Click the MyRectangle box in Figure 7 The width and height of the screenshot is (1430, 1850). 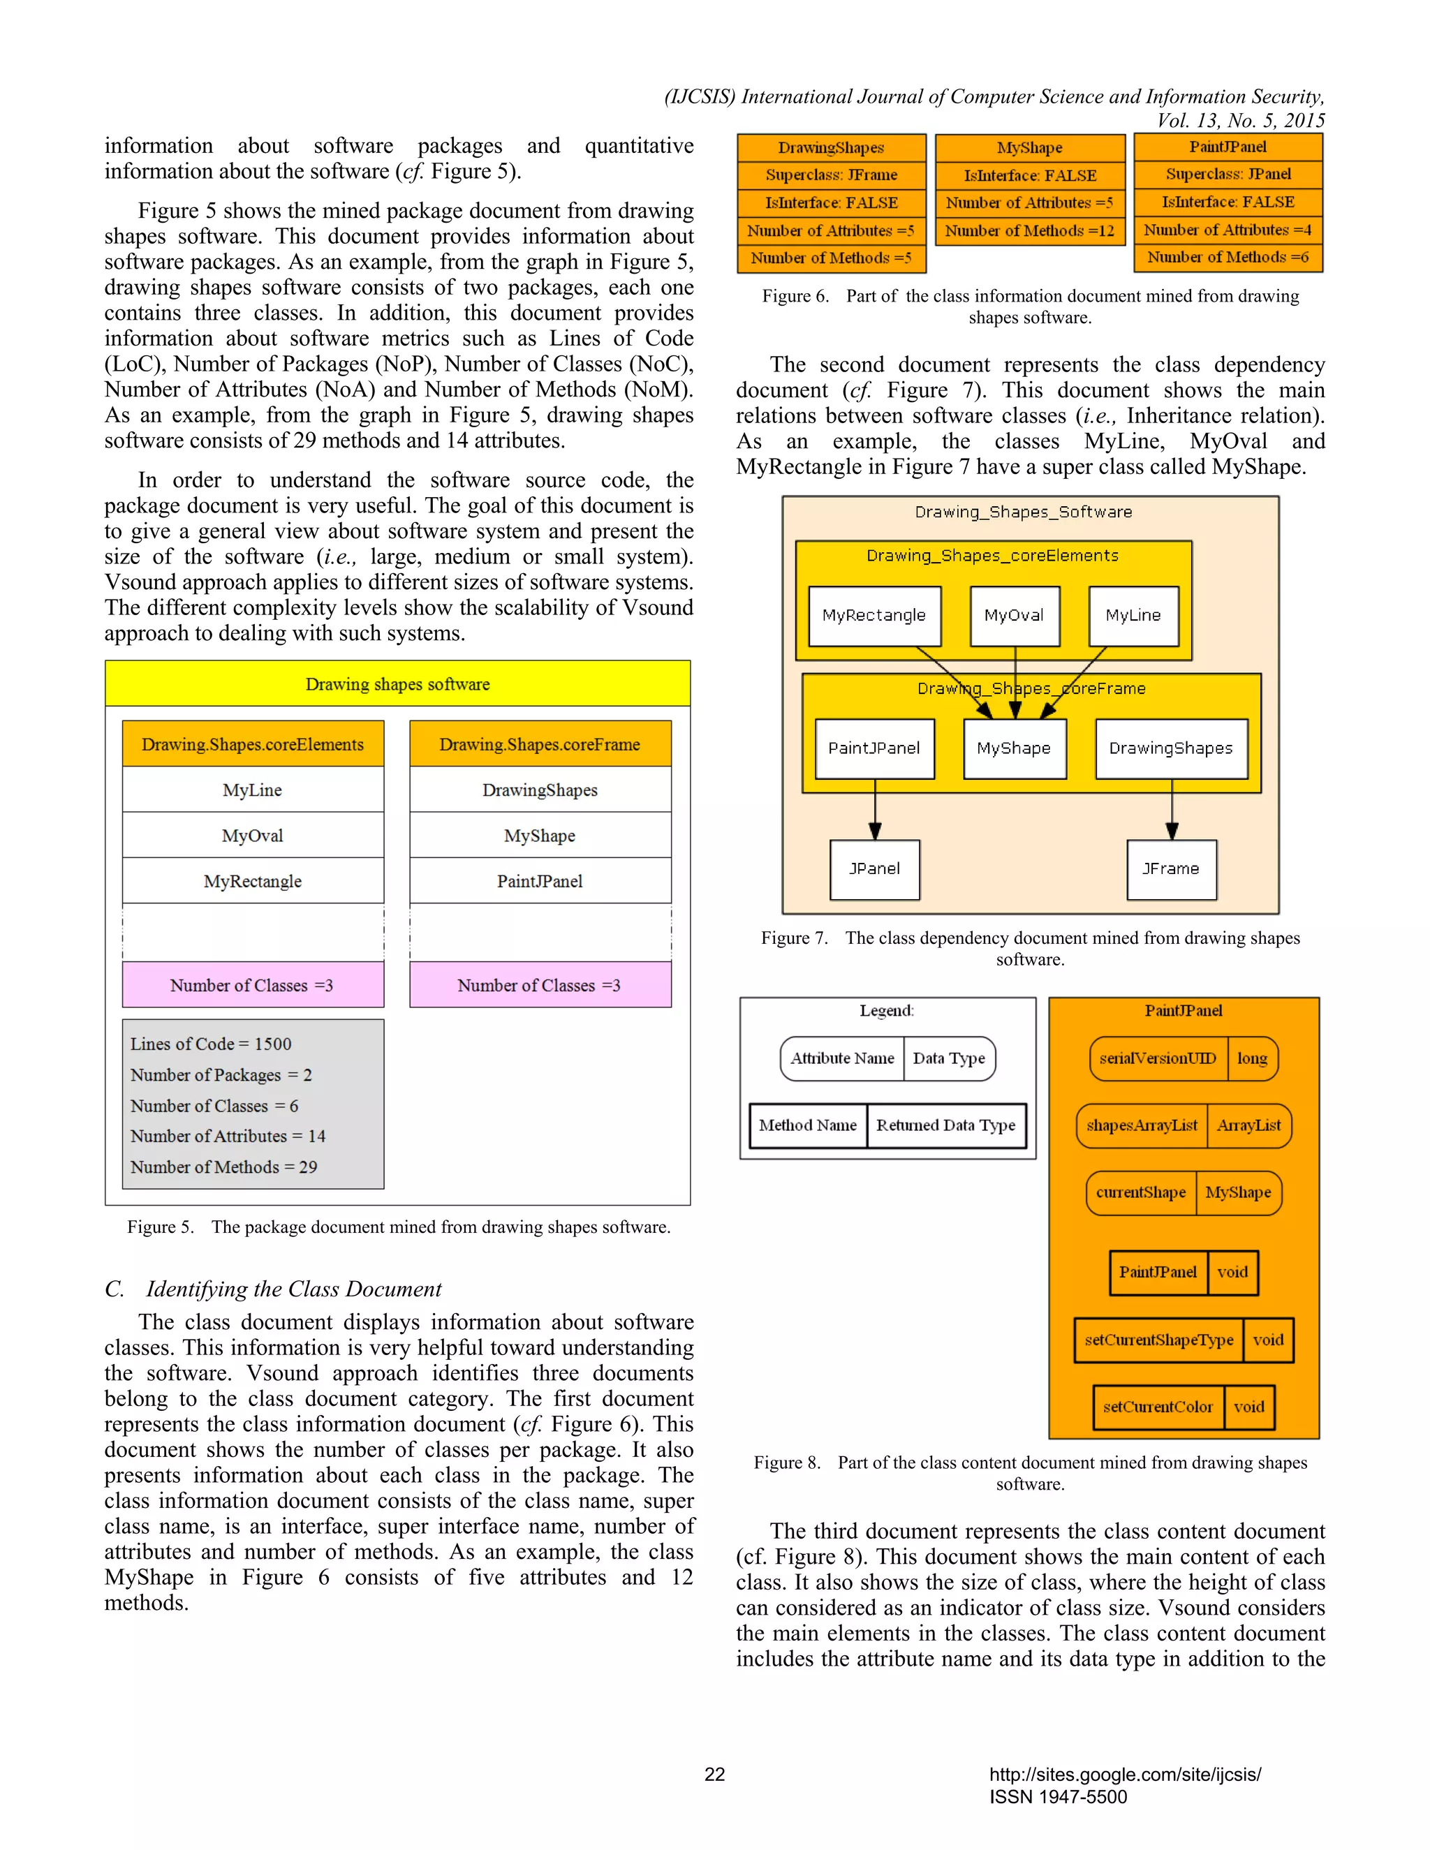click(874, 616)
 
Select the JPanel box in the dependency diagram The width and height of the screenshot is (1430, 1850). click(874, 869)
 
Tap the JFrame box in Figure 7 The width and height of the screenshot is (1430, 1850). click(1171, 869)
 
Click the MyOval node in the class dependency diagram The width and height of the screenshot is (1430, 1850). click(1014, 616)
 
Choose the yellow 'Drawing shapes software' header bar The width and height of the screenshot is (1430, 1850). click(397, 683)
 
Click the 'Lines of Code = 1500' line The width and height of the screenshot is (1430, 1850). click(211, 1044)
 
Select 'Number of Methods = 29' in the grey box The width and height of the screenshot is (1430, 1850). click(223, 1167)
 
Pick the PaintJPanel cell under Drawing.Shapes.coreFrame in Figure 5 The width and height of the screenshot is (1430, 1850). click(540, 881)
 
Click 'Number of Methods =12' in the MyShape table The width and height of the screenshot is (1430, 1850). click(1029, 230)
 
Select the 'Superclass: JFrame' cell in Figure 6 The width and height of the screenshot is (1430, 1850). click(831, 175)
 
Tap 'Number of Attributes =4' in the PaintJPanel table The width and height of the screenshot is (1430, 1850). click(1228, 230)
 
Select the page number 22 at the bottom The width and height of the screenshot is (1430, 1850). click(714, 1774)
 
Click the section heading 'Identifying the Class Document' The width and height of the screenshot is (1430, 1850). click(293, 1289)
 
